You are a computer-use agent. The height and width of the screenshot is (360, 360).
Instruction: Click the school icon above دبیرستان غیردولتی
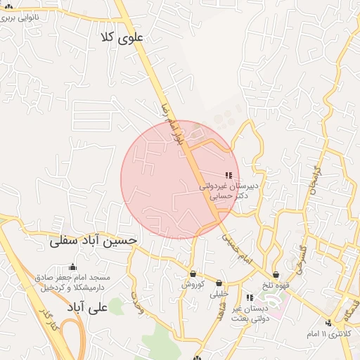tap(229, 174)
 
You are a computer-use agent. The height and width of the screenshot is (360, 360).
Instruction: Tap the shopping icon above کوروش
tap(193, 274)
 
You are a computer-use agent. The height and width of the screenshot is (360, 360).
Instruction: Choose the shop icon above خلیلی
tap(219, 283)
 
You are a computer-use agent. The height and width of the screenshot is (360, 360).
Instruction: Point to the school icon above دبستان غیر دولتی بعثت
tap(250, 297)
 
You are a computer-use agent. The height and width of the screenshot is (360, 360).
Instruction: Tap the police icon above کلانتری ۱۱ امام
tap(328, 323)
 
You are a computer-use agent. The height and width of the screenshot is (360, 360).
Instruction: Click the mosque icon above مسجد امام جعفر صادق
tap(72, 266)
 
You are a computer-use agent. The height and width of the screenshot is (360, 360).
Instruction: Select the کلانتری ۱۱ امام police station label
tap(327, 333)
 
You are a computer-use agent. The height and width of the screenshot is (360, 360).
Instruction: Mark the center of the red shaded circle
tap(180, 180)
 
